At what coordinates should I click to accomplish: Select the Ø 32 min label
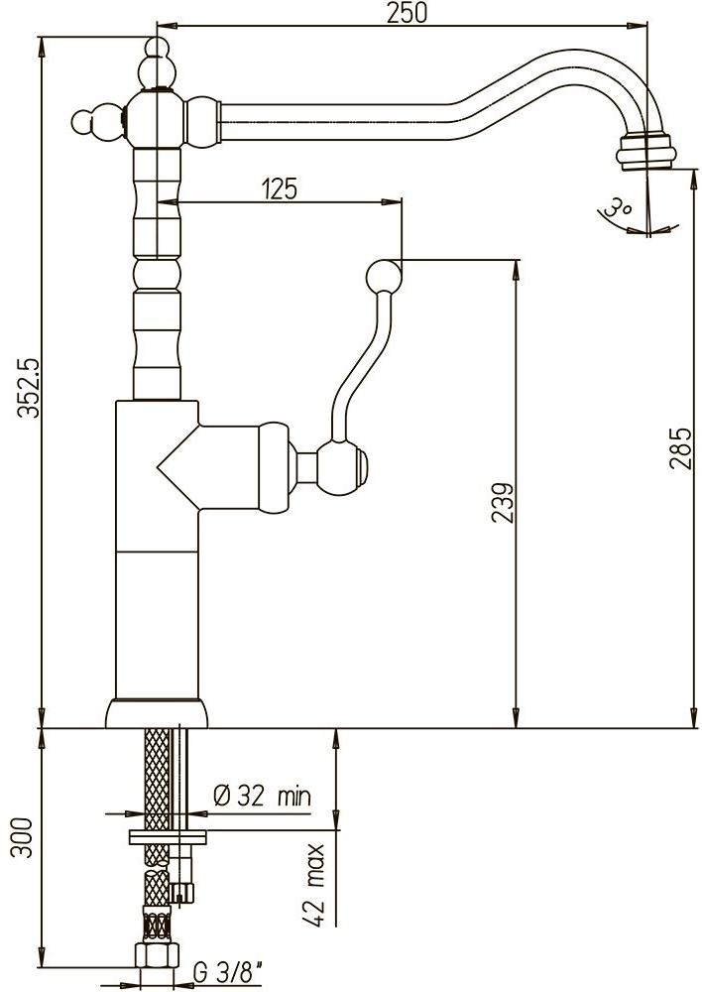pos(262,795)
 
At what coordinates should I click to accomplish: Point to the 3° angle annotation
pos(621,208)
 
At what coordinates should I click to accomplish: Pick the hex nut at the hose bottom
pos(157,957)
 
